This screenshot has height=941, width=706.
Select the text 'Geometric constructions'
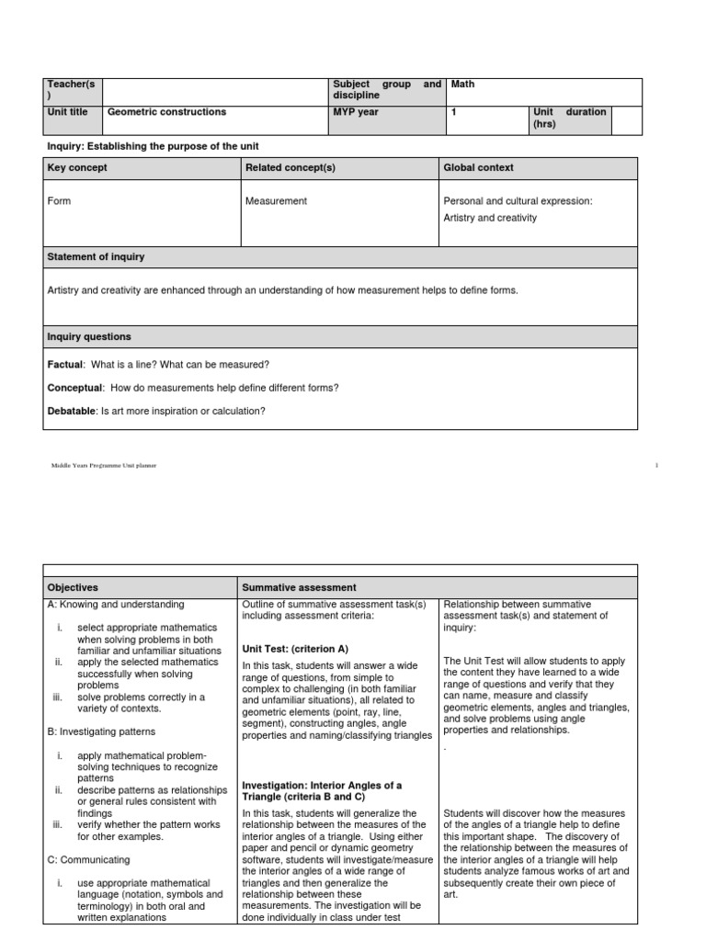click(166, 112)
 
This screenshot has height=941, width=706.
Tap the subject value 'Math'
click(462, 85)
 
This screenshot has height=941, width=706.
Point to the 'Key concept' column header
click(76, 167)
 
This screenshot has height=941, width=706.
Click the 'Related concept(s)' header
click(290, 167)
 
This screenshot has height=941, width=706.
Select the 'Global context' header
click(478, 167)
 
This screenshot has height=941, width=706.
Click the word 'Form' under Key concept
click(59, 200)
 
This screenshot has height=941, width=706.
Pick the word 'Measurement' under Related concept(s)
click(276, 200)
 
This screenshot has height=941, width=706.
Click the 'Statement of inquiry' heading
click(96, 256)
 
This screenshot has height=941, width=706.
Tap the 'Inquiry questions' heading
click(89, 336)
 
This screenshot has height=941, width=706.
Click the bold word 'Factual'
click(64, 365)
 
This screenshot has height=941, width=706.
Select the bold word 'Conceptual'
click(74, 388)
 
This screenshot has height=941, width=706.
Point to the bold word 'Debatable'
click(71, 411)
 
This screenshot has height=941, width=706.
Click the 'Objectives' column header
click(72, 586)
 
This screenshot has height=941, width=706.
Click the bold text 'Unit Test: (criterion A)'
click(294, 647)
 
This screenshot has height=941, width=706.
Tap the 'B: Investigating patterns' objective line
click(100, 731)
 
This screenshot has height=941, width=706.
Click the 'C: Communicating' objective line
click(87, 859)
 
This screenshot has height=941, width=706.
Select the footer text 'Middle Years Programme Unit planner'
click(104, 466)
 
